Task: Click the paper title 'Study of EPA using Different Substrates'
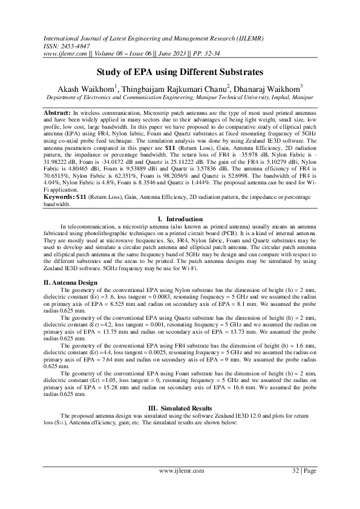179,71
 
